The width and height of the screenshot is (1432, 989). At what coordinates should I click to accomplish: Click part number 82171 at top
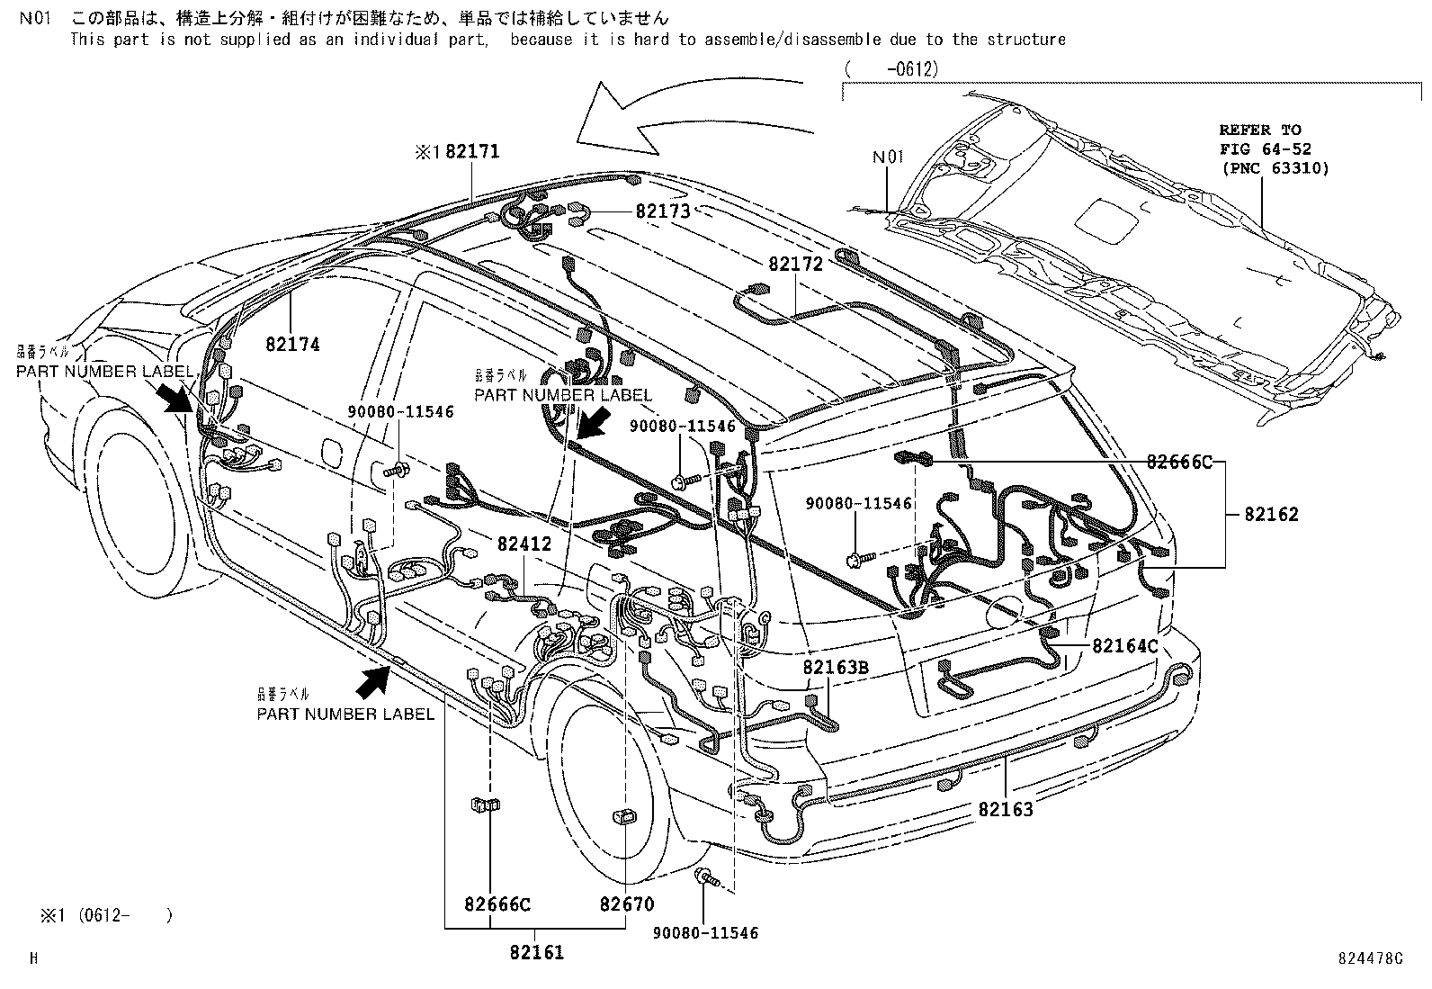(471, 152)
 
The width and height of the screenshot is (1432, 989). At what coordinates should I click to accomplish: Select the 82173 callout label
(662, 211)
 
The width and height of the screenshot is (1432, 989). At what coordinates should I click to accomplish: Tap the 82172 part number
(795, 265)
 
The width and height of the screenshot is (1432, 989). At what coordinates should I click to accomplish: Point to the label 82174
(292, 344)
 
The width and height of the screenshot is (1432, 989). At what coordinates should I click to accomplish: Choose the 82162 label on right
(1271, 515)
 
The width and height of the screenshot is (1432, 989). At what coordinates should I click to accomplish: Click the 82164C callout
(1125, 645)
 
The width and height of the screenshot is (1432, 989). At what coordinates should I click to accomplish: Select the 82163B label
(836, 667)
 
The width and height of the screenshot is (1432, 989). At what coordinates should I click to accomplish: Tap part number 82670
(627, 904)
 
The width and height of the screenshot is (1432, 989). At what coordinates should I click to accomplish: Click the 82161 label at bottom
(536, 952)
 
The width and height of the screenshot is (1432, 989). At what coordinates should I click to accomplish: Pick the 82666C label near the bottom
(497, 904)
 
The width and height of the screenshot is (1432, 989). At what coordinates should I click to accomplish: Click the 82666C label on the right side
(1179, 463)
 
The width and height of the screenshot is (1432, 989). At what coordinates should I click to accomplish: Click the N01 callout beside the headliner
(887, 157)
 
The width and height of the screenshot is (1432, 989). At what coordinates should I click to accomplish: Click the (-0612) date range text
(891, 67)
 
